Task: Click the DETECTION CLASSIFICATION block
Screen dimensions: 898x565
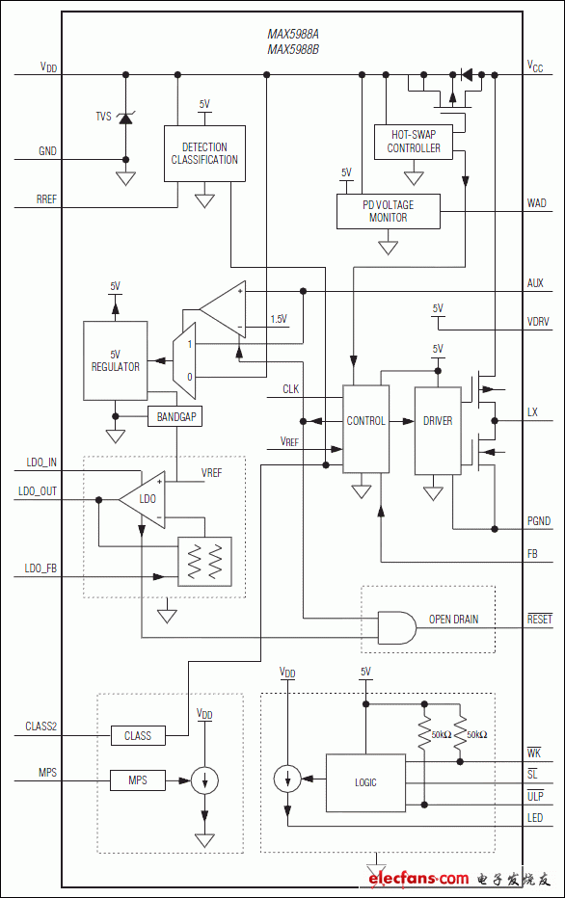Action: [203, 154]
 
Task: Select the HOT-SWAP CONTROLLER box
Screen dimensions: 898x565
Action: [414, 142]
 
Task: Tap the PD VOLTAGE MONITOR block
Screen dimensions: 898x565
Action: [388, 211]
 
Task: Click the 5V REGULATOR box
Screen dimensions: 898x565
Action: [115, 360]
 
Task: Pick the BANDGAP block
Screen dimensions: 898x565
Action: [175, 417]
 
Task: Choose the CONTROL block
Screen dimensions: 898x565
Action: [365, 421]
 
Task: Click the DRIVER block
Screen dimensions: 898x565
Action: [437, 421]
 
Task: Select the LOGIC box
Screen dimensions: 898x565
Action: [364, 782]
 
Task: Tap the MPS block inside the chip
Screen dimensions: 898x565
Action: [138, 779]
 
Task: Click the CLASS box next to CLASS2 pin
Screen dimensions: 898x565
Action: [138, 736]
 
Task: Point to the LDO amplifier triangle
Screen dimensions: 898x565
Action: [144, 499]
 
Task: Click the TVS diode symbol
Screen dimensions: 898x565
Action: [125, 117]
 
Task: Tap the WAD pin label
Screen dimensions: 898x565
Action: [536, 203]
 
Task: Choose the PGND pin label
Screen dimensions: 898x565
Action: [539, 521]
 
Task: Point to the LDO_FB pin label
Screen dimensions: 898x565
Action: [40, 570]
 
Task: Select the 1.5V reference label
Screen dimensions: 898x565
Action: [279, 319]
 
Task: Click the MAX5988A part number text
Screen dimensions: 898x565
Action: [293, 33]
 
